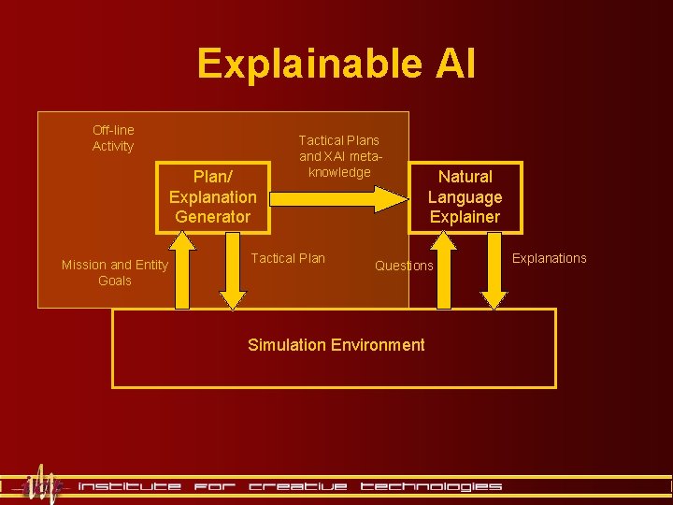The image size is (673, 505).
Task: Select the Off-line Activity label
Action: point(113,138)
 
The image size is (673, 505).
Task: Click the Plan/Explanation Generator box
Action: point(212,196)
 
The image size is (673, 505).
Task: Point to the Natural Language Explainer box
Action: point(465,196)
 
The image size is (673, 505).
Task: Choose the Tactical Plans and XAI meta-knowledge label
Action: point(339,156)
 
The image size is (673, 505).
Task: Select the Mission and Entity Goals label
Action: point(114,272)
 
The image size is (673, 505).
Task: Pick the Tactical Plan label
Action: point(289,258)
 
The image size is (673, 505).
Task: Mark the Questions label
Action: point(404,266)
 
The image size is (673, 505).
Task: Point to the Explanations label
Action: point(551,258)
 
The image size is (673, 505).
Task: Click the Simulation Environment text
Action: point(336,345)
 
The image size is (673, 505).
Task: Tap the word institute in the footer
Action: point(130,486)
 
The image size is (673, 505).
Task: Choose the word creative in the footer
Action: point(298,486)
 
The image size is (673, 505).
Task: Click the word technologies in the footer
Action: point(431,486)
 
